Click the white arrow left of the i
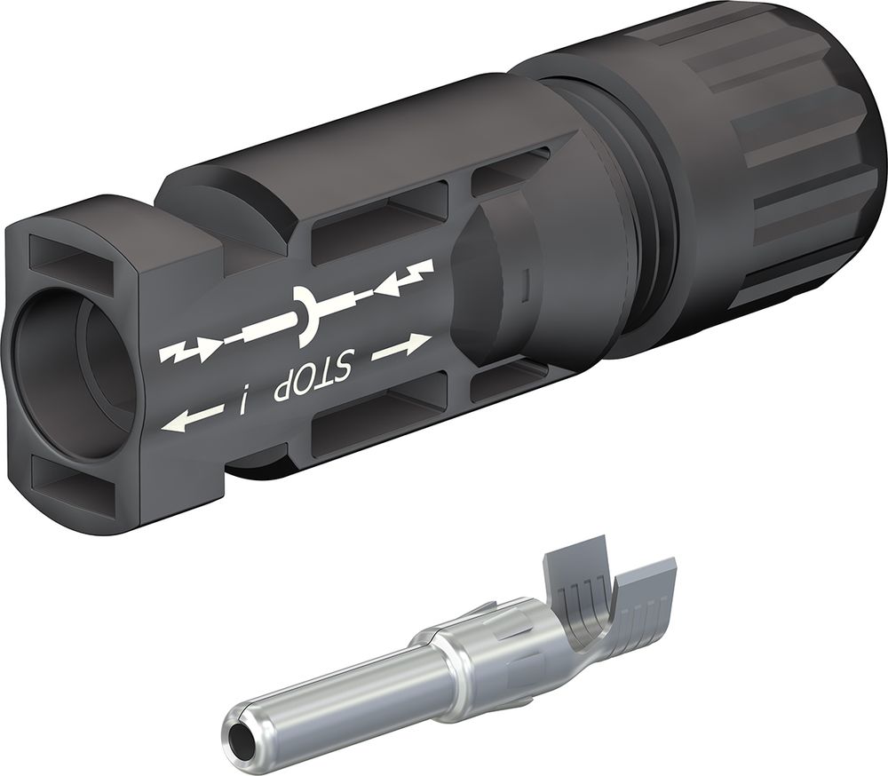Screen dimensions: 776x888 (191, 417)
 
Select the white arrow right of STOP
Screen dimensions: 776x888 (401, 347)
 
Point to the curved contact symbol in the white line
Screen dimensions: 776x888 (305, 316)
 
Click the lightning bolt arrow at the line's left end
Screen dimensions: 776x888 (188, 352)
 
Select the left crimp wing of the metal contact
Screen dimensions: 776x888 (568, 577)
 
